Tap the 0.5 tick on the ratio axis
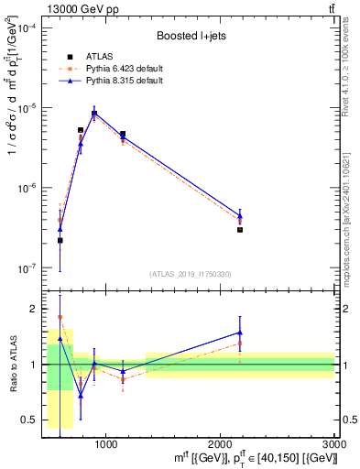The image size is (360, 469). [30, 420]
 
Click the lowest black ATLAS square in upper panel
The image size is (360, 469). [60, 240]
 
